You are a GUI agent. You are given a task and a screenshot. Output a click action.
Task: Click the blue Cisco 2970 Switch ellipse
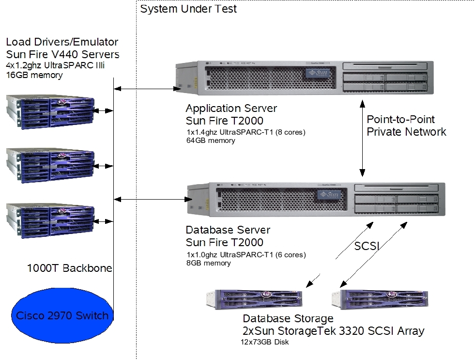point(62,316)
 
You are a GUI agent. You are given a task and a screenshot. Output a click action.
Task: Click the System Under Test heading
point(188,9)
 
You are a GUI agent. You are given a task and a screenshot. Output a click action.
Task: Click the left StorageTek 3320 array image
point(254,300)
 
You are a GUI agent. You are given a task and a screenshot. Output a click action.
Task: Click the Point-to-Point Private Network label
point(406,125)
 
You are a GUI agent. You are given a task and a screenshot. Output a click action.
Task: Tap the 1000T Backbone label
point(70,268)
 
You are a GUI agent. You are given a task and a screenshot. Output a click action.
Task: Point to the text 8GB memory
point(208,263)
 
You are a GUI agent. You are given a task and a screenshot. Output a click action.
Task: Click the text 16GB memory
point(34,75)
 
